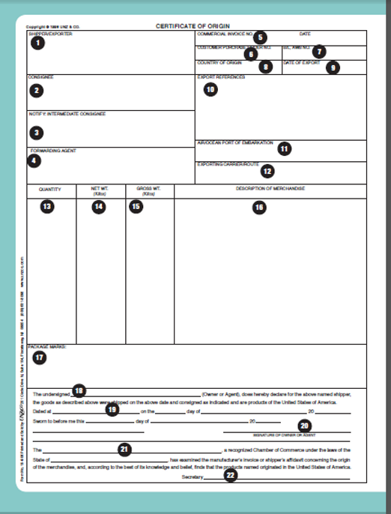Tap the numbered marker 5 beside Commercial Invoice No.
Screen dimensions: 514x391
point(259,37)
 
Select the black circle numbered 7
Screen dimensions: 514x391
point(320,52)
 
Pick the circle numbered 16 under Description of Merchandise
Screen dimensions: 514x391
point(258,208)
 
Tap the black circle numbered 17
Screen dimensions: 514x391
point(39,357)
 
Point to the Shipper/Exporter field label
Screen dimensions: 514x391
point(50,34)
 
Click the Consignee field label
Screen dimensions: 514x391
point(40,77)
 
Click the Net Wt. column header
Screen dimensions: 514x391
point(100,190)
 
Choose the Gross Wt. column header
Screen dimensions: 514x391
point(148,190)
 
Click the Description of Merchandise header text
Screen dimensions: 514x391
point(270,189)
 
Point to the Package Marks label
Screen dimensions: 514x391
point(48,347)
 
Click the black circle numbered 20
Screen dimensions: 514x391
point(305,425)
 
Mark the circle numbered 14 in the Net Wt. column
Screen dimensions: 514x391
point(99,208)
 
